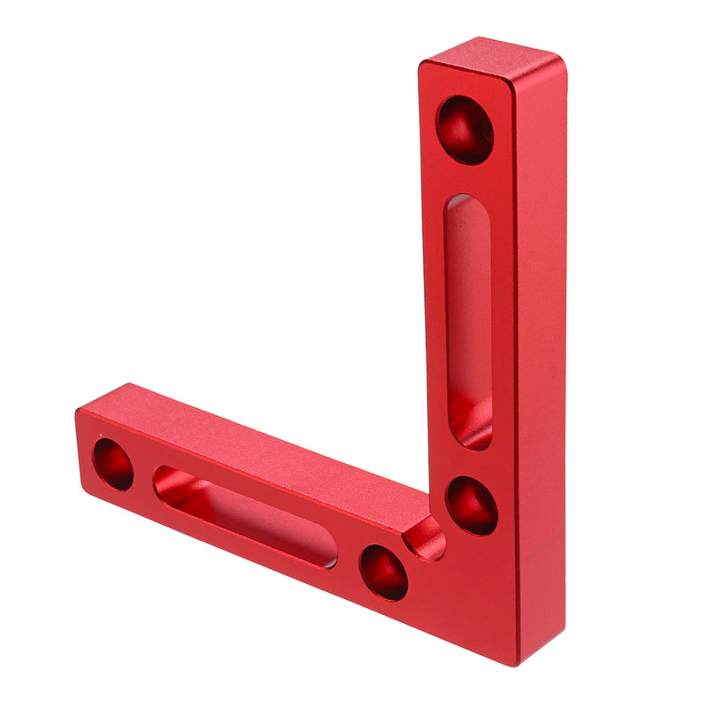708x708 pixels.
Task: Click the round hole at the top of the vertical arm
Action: [465, 129]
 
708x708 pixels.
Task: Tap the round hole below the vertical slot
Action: [471, 505]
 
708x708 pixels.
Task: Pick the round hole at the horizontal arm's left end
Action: [113, 464]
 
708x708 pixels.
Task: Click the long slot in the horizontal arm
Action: [245, 517]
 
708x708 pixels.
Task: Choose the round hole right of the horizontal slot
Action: [383, 572]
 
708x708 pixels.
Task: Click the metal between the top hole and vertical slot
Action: [466, 177]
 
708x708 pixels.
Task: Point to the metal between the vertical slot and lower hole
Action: [471, 462]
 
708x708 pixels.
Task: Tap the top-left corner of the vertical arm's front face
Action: [423, 67]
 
